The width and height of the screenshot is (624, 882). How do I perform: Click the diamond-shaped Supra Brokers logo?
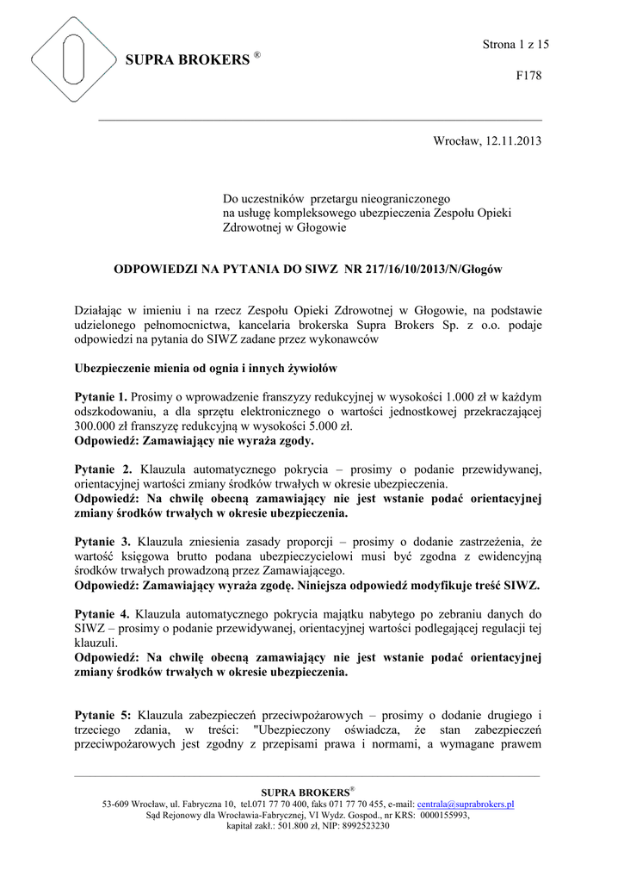[74, 60]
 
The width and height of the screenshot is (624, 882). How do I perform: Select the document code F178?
[528, 76]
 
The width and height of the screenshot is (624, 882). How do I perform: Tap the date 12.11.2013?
[515, 141]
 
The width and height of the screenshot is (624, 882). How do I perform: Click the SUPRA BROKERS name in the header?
[187, 60]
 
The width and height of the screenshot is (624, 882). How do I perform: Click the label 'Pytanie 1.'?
[102, 397]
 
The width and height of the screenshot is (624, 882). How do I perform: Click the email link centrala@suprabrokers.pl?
[466, 804]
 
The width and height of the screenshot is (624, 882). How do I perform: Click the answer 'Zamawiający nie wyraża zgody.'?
[230, 441]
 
